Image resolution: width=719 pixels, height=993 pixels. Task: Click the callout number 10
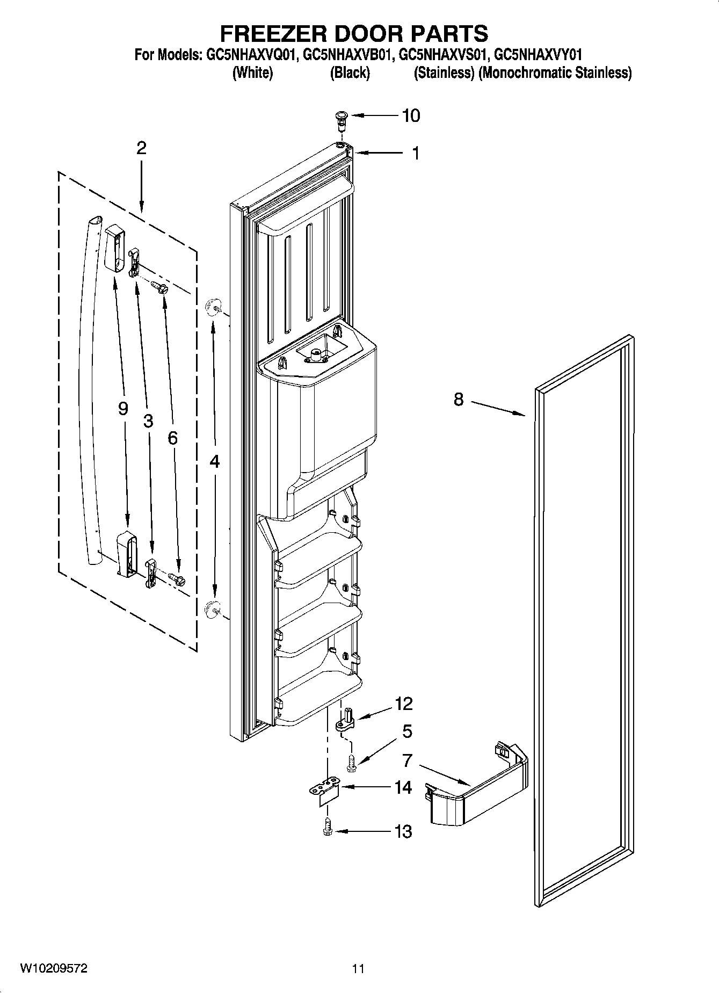click(x=411, y=115)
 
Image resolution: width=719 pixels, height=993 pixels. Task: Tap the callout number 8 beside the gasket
click(x=458, y=400)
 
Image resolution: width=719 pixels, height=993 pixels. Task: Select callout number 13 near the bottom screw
click(x=403, y=832)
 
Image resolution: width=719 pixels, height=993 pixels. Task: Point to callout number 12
click(x=403, y=704)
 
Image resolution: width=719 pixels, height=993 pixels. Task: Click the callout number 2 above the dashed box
click(x=141, y=148)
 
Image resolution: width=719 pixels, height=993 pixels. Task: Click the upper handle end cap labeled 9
click(x=114, y=249)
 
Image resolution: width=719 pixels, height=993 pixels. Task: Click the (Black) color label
click(x=350, y=73)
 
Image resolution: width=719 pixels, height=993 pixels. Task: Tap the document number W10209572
click(x=54, y=968)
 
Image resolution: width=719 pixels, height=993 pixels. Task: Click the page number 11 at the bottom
click(x=358, y=969)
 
